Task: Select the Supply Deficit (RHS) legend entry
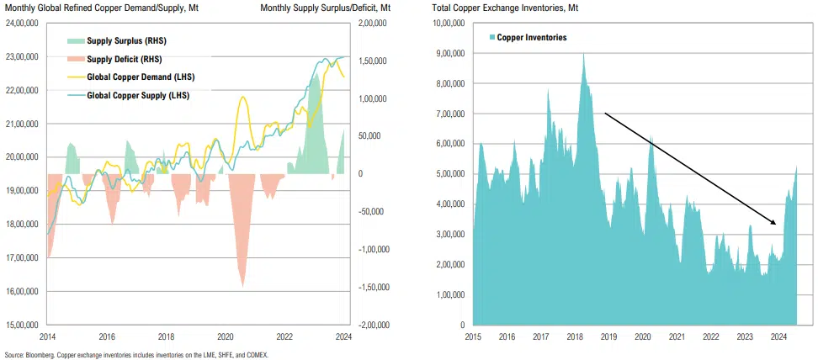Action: (125, 59)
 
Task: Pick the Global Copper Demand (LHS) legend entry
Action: (139, 77)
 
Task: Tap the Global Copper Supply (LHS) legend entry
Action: (138, 95)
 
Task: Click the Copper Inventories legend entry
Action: (531, 38)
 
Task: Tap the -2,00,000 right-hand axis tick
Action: (370, 325)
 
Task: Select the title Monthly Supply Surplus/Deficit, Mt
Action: (325, 7)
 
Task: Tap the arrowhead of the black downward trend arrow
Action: (774, 223)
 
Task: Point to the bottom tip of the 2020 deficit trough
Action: (242, 287)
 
